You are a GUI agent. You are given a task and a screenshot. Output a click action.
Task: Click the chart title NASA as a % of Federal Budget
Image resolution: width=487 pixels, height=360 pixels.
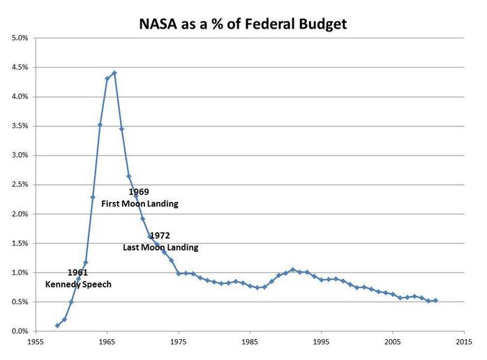pos(243,24)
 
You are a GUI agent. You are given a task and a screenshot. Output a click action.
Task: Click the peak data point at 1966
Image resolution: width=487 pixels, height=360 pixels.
pos(114,73)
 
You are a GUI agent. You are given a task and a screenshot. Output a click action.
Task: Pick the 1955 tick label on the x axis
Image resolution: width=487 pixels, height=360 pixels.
pos(36,343)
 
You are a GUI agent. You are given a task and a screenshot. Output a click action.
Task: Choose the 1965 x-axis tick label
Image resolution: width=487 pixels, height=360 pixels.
pos(107,343)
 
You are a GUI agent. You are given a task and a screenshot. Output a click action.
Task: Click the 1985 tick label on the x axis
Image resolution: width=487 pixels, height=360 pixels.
pos(250,343)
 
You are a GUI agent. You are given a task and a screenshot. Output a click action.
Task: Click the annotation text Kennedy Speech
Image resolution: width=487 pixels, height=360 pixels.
pos(78,285)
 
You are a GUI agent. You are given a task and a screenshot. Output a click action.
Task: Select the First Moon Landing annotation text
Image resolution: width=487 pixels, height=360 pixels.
pos(145,204)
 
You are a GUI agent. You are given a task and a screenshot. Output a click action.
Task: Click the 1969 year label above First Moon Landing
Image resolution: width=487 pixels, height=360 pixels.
pos(139,192)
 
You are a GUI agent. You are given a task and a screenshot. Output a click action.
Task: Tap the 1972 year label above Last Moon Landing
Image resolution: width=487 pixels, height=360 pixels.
pos(160,236)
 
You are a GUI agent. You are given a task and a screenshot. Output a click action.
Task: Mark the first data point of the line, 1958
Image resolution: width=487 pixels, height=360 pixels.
pos(57,325)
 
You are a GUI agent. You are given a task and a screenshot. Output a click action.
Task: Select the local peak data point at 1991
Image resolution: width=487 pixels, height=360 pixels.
pos(292,269)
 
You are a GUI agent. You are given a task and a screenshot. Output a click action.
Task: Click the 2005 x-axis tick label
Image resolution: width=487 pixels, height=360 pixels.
pos(392,343)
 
